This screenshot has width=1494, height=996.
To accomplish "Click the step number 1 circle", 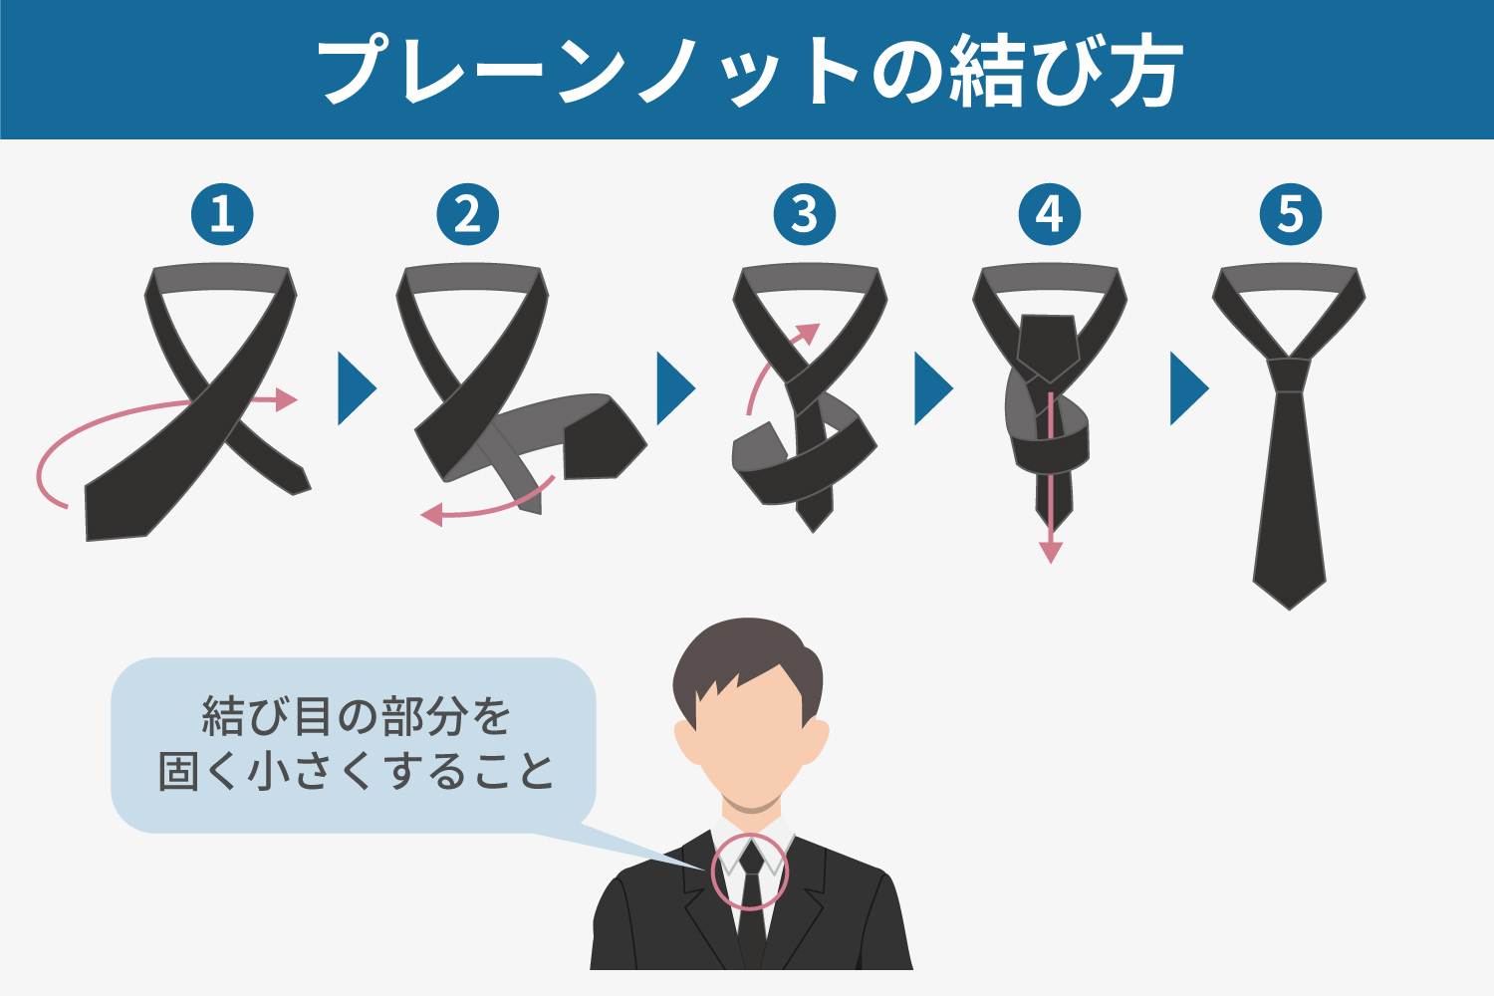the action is click(222, 214).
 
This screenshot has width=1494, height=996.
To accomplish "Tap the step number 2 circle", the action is click(467, 214).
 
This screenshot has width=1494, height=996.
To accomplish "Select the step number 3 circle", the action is click(805, 214).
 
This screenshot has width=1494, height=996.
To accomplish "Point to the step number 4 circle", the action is click(1049, 214).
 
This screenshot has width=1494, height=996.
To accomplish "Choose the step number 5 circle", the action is click(1291, 214).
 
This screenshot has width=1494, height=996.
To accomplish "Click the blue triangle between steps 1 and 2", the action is click(356, 388).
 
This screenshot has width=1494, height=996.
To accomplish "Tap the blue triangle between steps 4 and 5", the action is click(1188, 388).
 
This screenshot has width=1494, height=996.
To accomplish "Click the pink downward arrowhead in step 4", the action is click(1051, 553).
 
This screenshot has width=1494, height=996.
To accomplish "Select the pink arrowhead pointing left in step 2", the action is click(432, 514).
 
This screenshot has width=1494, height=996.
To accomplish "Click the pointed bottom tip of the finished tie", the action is click(1289, 609).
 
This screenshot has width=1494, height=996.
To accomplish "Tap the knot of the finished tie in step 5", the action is click(1289, 374).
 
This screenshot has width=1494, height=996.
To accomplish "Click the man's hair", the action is click(747, 660).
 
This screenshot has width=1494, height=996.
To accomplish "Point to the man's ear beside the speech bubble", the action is click(685, 740).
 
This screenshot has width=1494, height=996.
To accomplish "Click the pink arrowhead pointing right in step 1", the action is click(286, 399).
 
